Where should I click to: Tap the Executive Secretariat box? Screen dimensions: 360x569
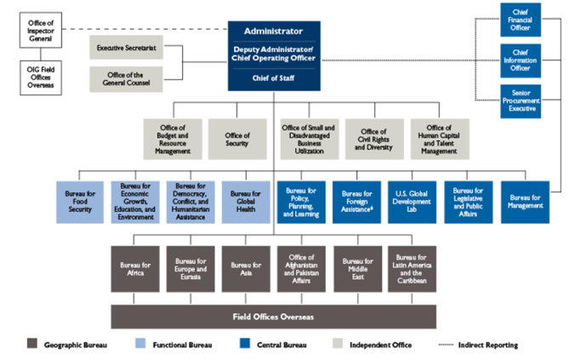[125, 48]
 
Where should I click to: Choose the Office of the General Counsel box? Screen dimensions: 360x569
[125, 78]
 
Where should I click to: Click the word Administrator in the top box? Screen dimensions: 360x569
[273, 31]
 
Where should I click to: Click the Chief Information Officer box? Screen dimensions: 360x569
[520, 60]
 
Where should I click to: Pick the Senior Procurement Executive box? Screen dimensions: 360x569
[520, 101]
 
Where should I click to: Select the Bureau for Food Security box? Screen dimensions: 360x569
[80, 201]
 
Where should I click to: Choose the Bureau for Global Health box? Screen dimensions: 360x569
[246, 201]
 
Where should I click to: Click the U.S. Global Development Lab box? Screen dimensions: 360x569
[413, 201]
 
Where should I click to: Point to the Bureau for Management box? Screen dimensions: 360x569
[524, 201]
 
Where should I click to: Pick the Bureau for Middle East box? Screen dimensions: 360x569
[357, 269]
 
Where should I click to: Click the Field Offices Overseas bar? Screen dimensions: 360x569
[273, 317]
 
